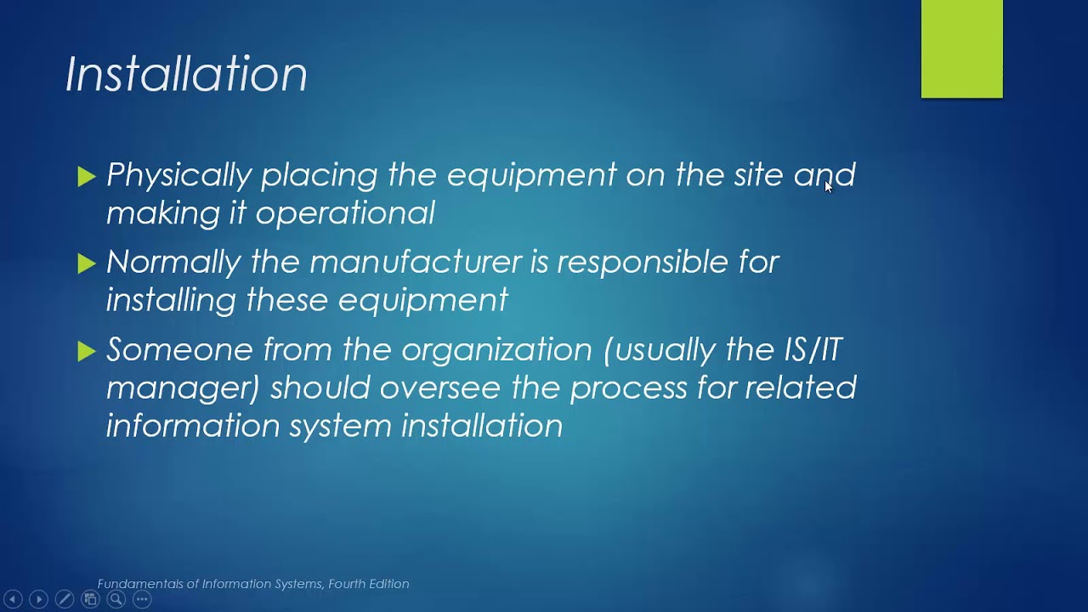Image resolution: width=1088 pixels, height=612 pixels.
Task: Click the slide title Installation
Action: tap(186, 74)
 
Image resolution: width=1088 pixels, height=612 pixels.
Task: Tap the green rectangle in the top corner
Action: tap(961, 48)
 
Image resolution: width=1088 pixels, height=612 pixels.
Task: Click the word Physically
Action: tap(179, 175)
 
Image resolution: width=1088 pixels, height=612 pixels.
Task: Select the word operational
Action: tap(345, 212)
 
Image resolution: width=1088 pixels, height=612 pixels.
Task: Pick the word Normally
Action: tap(173, 262)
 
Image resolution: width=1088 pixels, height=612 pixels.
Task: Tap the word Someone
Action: tap(179, 349)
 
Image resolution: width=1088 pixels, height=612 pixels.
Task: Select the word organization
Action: tap(496, 349)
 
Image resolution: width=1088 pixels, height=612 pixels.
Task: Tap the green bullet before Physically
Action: tap(86, 176)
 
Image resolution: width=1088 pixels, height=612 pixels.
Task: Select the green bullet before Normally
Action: tap(86, 263)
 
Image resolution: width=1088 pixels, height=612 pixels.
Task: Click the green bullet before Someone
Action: tap(86, 351)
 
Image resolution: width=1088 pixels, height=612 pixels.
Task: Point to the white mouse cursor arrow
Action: tap(829, 187)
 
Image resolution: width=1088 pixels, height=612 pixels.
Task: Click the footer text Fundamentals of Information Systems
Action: tap(253, 584)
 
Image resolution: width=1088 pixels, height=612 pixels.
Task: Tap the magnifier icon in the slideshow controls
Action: tap(116, 599)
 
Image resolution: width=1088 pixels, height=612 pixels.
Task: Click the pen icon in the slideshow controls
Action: tap(64, 599)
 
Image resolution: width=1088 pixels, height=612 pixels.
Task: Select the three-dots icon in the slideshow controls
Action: tap(142, 599)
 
